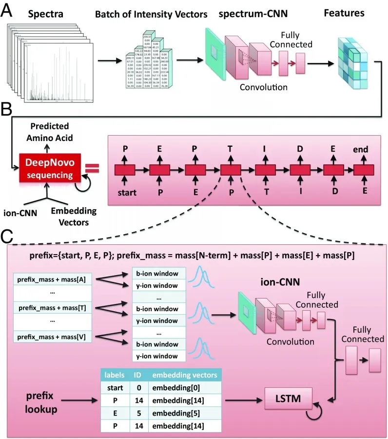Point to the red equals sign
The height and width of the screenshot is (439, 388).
click(x=92, y=169)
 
